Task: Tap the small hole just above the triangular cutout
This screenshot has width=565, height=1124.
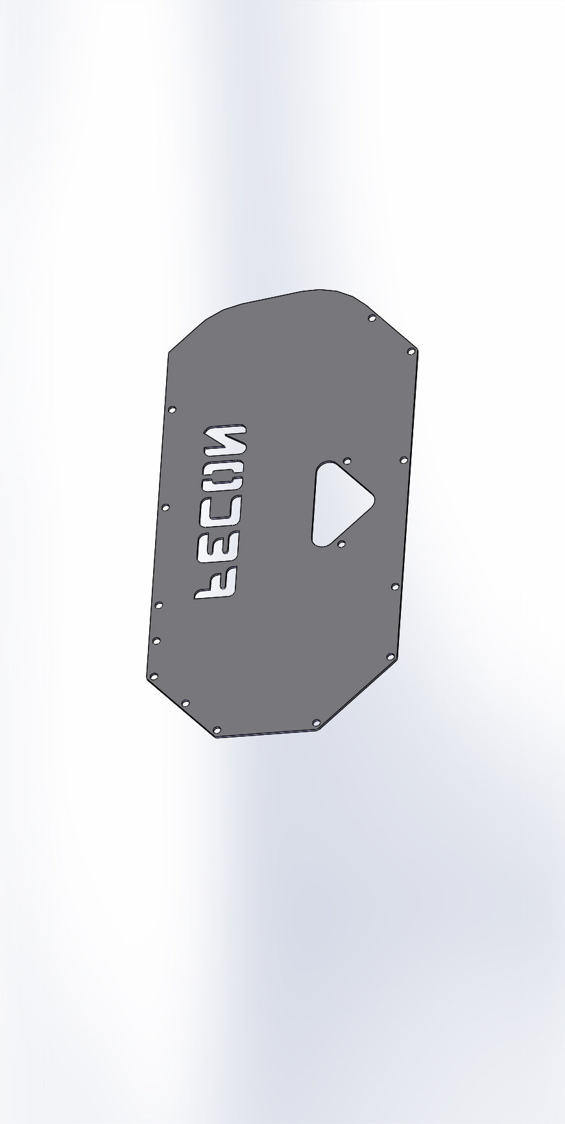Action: coord(347,461)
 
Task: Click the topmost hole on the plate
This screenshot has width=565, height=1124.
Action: coord(372,318)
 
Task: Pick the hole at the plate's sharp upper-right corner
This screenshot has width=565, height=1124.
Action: coord(411,351)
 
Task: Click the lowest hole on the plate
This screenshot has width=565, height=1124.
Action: coord(217,730)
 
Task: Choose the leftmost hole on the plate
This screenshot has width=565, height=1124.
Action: coord(154,676)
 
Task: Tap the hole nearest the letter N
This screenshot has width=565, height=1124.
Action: coord(172,409)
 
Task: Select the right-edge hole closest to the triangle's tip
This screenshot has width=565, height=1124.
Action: coord(403,460)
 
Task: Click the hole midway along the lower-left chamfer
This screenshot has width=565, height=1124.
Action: coord(185,703)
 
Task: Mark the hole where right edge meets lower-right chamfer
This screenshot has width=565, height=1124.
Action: coord(391,657)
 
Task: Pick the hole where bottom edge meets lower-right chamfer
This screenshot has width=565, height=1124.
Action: coord(317,722)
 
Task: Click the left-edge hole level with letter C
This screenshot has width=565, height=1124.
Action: coord(165,507)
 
